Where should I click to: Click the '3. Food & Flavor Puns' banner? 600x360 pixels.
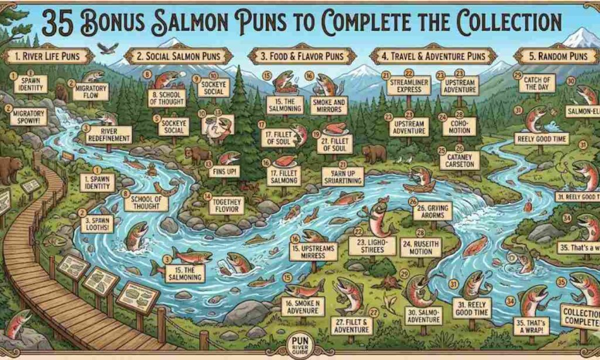pos(296,56)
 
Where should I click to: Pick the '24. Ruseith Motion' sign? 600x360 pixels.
pos(421,247)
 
